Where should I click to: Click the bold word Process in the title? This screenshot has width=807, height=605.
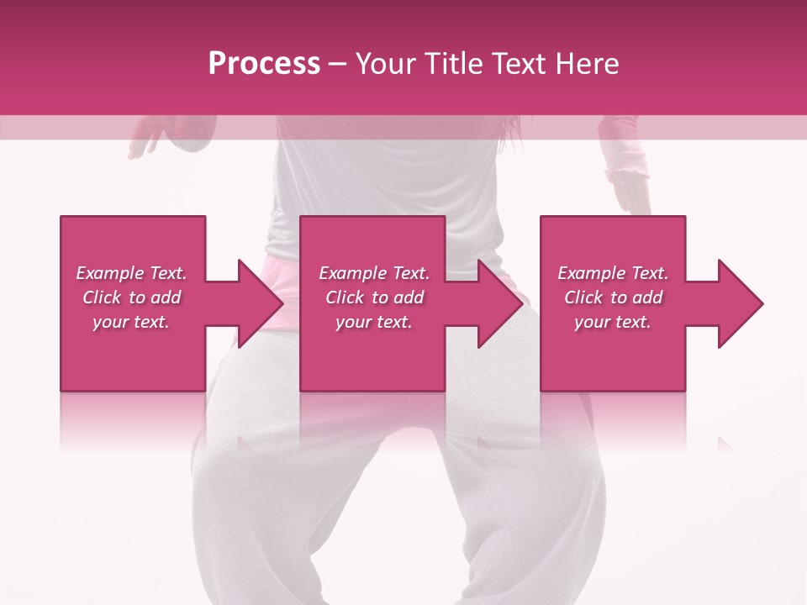(x=264, y=64)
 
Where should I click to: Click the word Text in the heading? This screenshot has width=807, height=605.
(x=522, y=64)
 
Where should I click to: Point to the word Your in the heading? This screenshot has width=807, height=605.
(x=387, y=64)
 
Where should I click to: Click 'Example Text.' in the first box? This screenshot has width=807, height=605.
(x=132, y=273)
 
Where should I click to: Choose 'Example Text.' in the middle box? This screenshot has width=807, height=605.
(x=374, y=273)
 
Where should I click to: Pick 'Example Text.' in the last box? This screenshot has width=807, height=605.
(x=613, y=273)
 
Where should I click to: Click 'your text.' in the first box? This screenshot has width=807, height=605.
(x=131, y=322)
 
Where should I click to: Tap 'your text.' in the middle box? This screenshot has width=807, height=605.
(x=374, y=322)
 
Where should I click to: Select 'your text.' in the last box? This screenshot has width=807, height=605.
(x=613, y=322)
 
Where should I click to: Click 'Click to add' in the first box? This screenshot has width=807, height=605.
(x=132, y=297)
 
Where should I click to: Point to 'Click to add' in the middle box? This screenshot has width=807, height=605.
(x=374, y=297)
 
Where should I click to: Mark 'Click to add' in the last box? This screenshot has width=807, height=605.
(x=613, y=297)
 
